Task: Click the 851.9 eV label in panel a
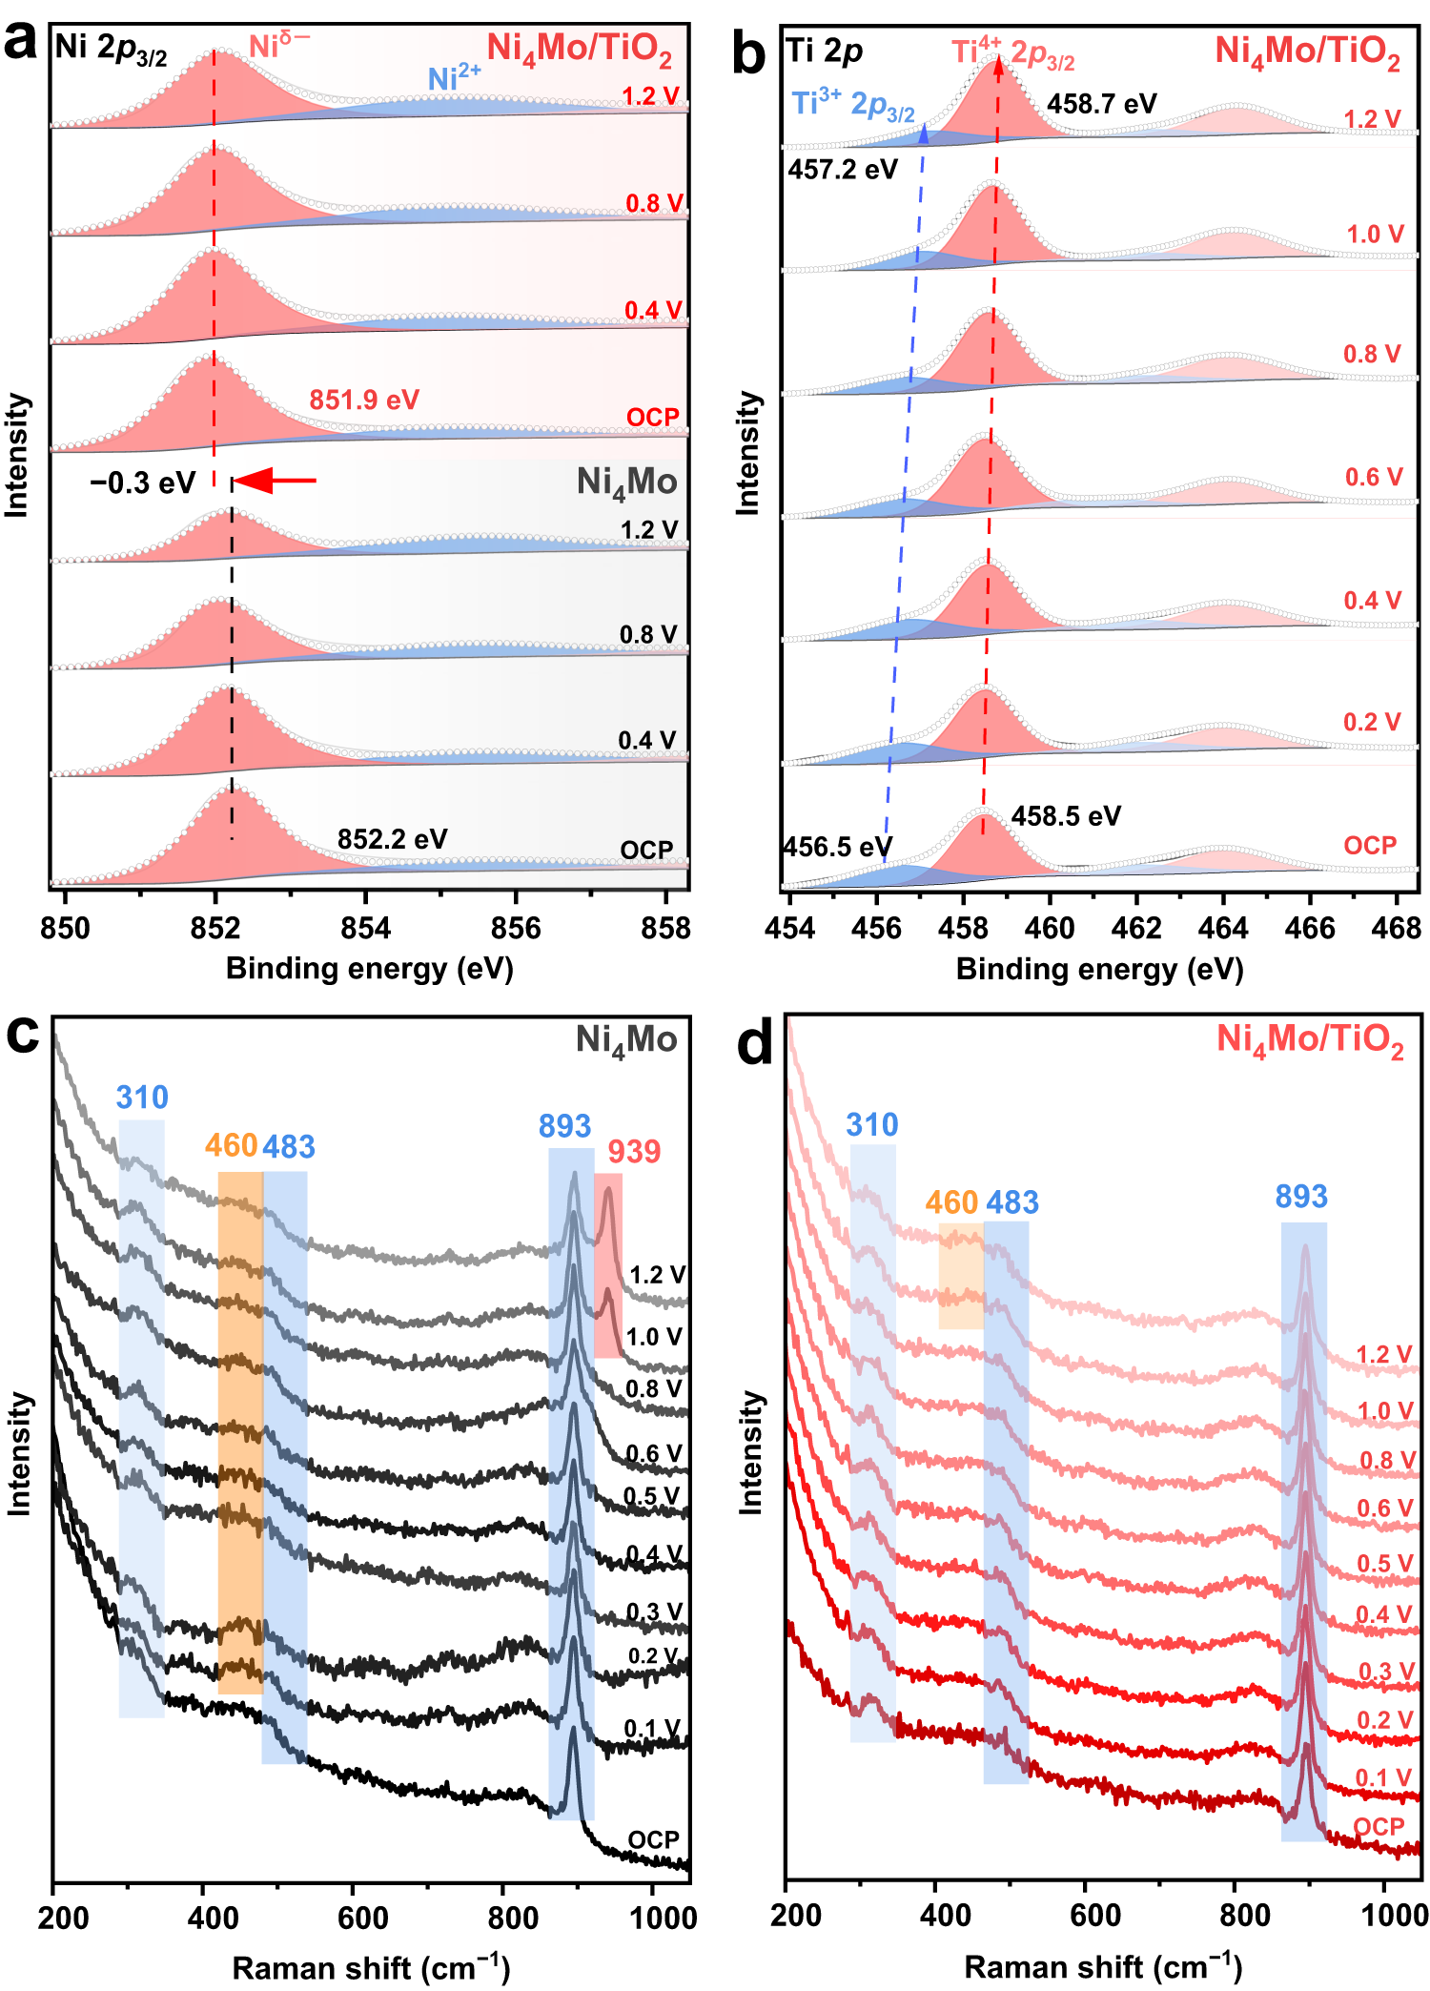pos(363,400)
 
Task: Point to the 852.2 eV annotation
pos(392,839)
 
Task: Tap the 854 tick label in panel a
pos(365,928)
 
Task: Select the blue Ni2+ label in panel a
pos(454,78)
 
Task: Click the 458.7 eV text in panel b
pos(1101,103)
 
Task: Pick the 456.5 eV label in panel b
pos(837,847)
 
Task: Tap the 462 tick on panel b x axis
pos(1136,928)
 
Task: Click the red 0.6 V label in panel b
pos(1373,477)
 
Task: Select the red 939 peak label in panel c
pos(634,1152)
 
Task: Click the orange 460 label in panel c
pos(231,1145)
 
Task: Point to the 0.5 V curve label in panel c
pos(652,1496)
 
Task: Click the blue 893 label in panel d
pos(1301,1197)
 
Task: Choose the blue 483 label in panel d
pos(1011,1203)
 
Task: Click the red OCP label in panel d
pos(1379,1827)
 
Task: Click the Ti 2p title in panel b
pos(825,51)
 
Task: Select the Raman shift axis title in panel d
pos(1103,1967)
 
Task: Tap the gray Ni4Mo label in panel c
pos(626,1040)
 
